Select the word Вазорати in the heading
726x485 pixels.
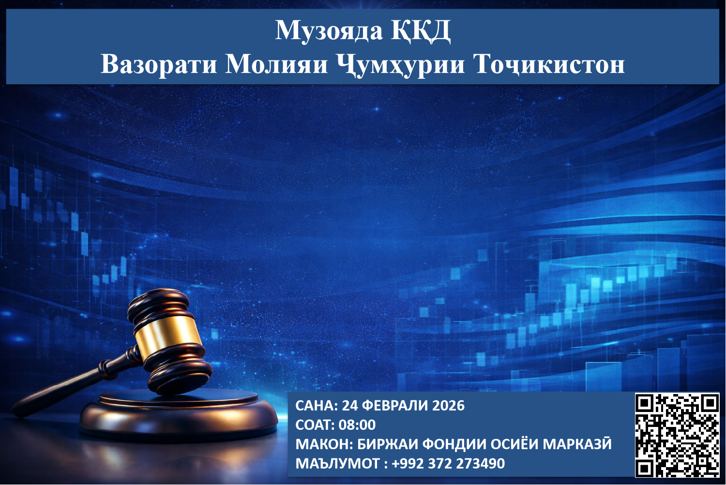(x=158, y=64)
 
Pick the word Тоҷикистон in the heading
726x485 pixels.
(x=548, y=64)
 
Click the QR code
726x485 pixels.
(x=677, y=435)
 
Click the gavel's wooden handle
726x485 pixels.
(x=73, y=387)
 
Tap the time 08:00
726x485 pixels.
(x=357, y=425)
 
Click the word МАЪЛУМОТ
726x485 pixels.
(x=337, y=463)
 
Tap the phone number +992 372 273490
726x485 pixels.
(x=448, y=463)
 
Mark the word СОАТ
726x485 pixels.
(x=313, y=425)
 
